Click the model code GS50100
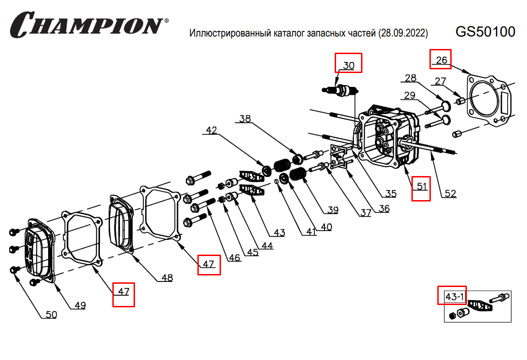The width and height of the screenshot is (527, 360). click(x=485, y=32)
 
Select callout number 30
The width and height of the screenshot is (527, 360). click(x=349, y=65)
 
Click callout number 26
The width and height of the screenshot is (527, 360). click(x=441, y=60)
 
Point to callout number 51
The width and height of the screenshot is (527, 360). click(x=421, y=187)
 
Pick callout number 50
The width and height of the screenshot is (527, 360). click(x=51, y=315)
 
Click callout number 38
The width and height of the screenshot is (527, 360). click(x=245, y=118)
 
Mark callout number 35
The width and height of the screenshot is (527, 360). click(x=391, y=194)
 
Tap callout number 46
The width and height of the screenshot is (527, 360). click(x=235, y=257)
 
